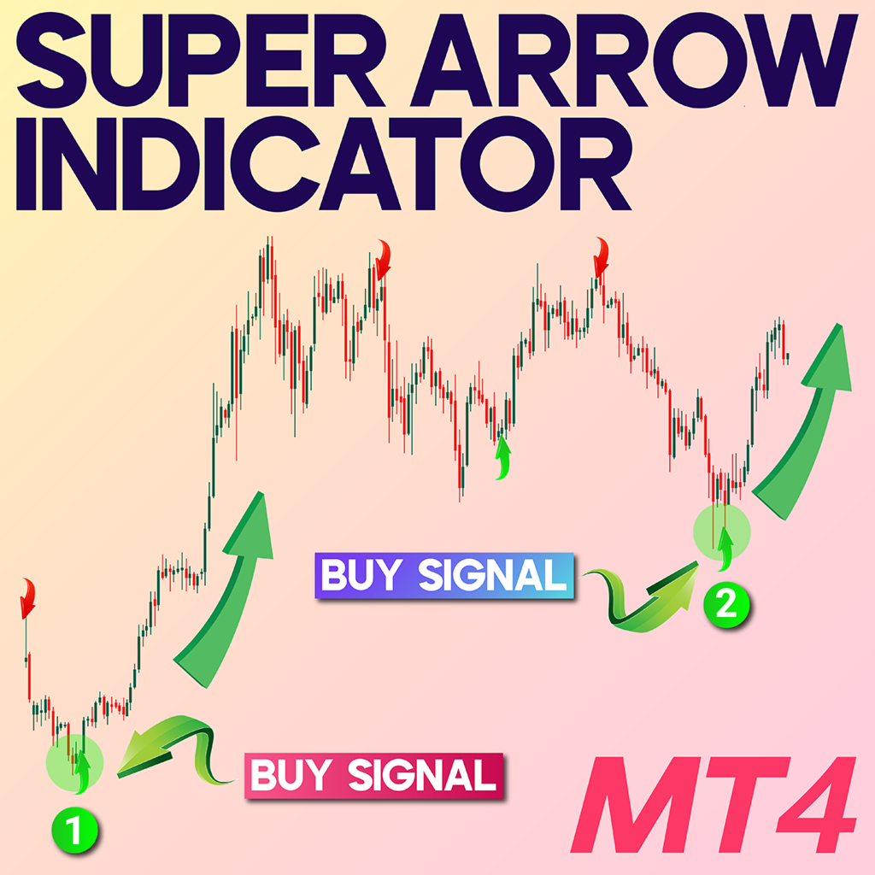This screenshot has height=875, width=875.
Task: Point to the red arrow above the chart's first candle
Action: pos(28,596)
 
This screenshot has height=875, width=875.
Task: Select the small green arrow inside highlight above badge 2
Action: pos(726,547)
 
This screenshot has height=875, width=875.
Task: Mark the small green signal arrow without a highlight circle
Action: pos(502,457)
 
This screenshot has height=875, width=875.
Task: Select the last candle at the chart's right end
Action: pos(786,356)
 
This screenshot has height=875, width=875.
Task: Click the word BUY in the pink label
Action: pos(291,776)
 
